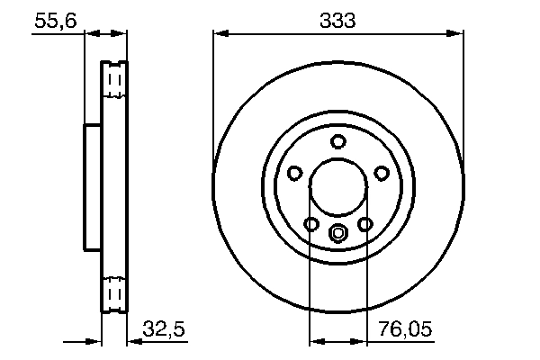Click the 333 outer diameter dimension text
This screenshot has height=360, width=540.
[x=339, y=20]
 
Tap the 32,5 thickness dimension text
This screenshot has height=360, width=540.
[x=164, y=331]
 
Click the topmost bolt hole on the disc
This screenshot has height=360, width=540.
[x=338, y=141]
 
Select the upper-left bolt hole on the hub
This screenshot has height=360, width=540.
[x=295, y=174]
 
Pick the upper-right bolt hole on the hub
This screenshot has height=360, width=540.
[x=382, y=174]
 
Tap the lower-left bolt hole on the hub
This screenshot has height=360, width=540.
[x=311, y=224]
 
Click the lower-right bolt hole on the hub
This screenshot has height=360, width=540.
[x=365, y=224]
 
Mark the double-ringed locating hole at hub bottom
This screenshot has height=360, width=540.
[x=338, y=235]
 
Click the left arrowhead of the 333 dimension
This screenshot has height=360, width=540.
[x=220, y=34]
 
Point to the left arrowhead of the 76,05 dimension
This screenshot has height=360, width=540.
[x=315, y=342]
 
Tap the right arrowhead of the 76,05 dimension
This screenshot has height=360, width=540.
[x=362, y=342]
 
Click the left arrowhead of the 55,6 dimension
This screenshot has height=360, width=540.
[x=91, y=34]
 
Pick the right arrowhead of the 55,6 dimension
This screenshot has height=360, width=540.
[x=120, y=34]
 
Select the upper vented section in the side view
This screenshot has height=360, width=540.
[x=114, y=82]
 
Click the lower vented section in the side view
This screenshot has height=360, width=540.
[x=114, y=292]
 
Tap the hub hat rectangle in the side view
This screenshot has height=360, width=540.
[x=93, y=187]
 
